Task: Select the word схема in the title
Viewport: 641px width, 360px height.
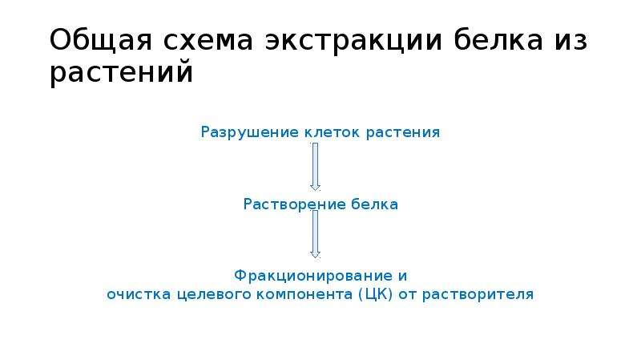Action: [x=208, y=41]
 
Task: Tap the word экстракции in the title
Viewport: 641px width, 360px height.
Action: [x=353, y=41]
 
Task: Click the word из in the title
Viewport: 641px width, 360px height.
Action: [x=570, y=41]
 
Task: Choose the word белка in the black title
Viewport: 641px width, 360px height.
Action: [x=498, y=39]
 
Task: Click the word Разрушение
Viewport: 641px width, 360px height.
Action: [x=250, y=132]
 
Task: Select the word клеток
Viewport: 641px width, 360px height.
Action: [x=333, y=132]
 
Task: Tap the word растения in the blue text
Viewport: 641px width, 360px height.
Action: [x=403, y=133]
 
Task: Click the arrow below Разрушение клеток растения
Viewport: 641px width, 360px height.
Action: [x=315, y=167]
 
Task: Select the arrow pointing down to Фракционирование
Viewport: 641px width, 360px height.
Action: [x=315, y=234]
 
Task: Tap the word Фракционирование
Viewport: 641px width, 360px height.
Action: [x=310, y=276]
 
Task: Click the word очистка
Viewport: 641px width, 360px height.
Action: [x=139, y=294]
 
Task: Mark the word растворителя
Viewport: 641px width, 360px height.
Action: [x=478, y=295]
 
